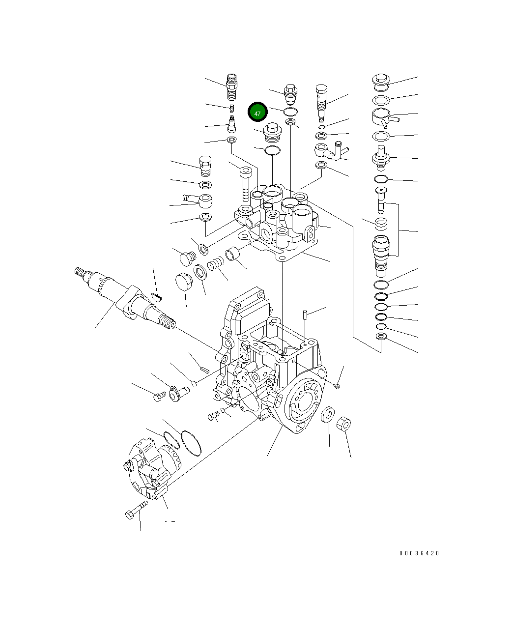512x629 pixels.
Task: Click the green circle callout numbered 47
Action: [x=257, y=113]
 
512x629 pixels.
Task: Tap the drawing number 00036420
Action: [x=419, y=553]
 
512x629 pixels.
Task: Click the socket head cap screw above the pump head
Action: [x=246, y=184]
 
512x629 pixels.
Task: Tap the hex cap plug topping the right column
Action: [x=381, y=81]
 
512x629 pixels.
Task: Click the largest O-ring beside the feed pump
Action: [x=191, y=442]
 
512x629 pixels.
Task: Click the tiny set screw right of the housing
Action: [x=337, y=387]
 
